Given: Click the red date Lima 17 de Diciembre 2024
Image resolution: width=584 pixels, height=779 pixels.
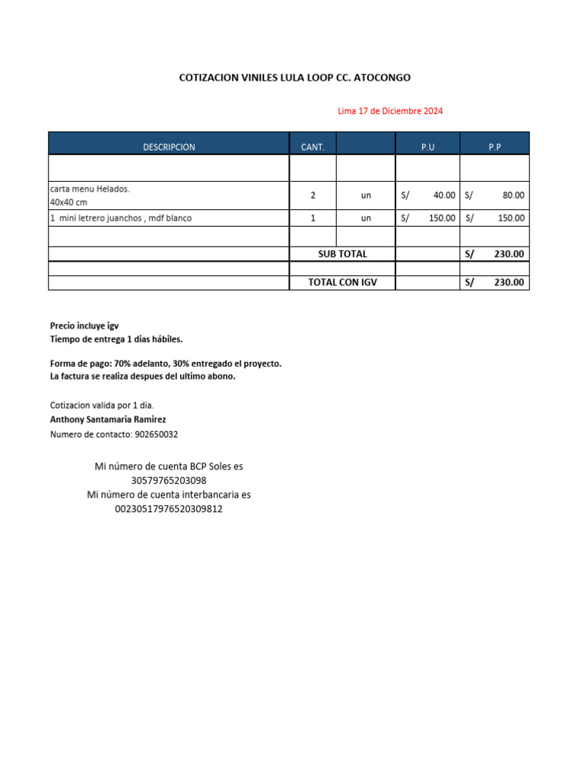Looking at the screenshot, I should [390, 111].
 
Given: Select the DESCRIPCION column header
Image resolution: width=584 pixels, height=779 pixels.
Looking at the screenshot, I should [168, 147].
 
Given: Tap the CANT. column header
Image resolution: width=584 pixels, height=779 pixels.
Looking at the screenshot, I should [313, 147].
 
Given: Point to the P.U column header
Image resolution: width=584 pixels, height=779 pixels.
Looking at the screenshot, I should [427, 147].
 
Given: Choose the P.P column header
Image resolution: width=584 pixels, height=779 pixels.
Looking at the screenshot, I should [494, 147].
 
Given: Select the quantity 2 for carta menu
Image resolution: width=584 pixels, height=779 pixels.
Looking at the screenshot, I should [313, 196].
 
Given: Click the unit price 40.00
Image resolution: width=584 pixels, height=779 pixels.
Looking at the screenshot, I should [444, 196].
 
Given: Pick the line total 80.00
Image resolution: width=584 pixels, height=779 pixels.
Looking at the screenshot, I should [513, 196].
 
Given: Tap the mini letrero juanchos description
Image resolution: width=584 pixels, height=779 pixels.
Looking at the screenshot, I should [121, 218].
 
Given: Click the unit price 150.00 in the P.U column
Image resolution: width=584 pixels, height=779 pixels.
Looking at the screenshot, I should [442, 218].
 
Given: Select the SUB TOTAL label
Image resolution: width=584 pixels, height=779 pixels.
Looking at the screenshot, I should [342, 254].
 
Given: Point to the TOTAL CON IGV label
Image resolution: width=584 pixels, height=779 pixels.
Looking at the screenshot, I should [342, 283].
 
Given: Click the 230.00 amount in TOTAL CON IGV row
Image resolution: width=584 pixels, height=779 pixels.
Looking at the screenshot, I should [509, 283].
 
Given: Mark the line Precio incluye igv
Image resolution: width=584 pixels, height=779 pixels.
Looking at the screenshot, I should [84, 325].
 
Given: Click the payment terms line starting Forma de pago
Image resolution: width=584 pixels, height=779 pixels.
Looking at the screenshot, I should [166, 364].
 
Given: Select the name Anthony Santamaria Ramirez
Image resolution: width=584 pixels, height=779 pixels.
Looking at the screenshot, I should [108, 419].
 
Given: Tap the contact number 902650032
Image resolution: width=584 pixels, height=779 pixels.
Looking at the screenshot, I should [156, 434].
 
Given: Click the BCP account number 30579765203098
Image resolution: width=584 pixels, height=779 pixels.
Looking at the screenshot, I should [169, 481].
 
